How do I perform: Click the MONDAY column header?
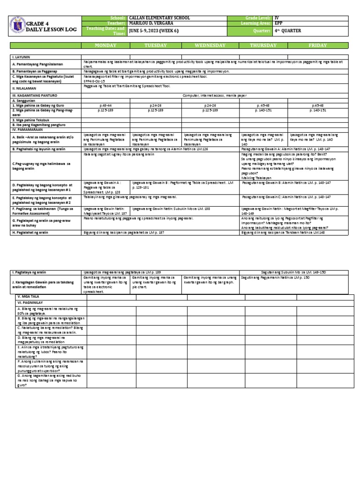point(107,45)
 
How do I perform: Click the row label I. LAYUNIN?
point(22,56)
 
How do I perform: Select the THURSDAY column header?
point(262,45)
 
